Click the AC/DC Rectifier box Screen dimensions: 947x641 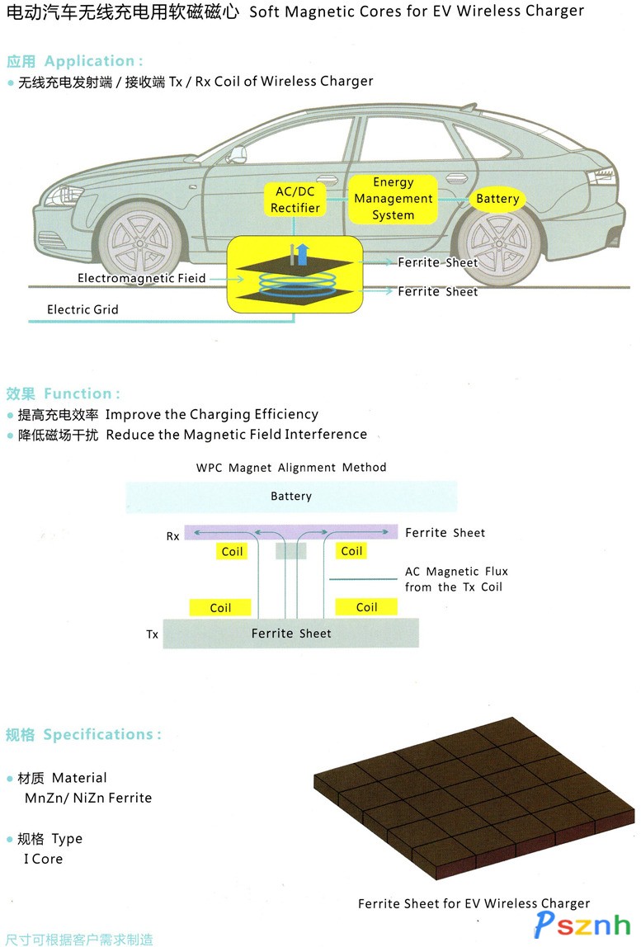tap(295, 200)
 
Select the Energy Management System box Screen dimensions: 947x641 tap(393, 199)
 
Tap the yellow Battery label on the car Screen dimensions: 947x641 tap(497, 199)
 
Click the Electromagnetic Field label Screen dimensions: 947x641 tap(142, 279)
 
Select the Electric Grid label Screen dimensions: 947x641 tap(82, 310)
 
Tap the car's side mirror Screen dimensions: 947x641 tap(237, 153)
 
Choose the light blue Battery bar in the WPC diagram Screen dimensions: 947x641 tap(291, 497)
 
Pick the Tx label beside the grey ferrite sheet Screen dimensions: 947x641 tap(152, 634)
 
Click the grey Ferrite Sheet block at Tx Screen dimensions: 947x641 tap(290, 634)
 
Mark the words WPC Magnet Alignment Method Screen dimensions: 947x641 tap(291, 468)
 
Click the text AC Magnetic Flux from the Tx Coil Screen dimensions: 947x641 tap(456, 579)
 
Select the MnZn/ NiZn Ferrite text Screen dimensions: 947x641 tap(88, 798)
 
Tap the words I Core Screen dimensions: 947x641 tap(43, 859)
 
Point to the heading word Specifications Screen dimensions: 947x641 tap(102, 735)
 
